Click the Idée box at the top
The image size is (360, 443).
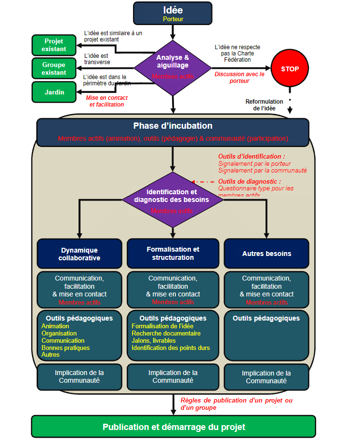(173, 13)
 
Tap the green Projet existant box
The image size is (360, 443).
(54, 45)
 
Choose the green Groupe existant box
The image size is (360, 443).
(54, 68)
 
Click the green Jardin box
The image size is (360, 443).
(54, 92)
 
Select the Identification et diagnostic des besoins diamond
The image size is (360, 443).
(172, 199)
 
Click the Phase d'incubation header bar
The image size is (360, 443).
(173, 132)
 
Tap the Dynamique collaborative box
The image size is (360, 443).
(79, 254)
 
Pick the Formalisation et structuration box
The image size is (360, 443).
(173, 254)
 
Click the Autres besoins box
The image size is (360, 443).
(267, 254)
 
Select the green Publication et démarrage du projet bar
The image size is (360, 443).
(173, 427)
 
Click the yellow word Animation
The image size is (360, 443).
(55, 326)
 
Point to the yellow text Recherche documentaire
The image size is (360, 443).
(166, 334)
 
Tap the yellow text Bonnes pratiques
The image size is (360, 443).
(66, 348)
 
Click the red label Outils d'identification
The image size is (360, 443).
(251, 157)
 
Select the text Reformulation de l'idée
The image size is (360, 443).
(265, 105)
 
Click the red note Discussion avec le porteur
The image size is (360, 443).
(239, 78)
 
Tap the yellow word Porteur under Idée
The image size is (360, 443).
(173, 19)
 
